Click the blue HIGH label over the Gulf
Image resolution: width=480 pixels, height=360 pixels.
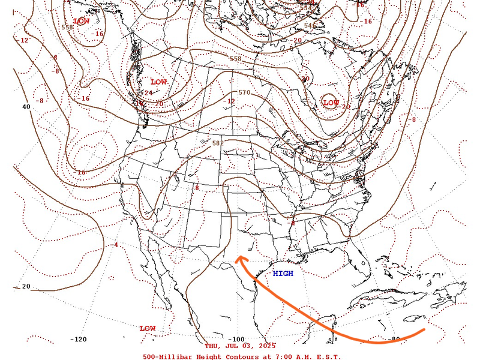click(283, 274)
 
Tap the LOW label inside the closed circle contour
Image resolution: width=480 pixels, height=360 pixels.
click(331, 103)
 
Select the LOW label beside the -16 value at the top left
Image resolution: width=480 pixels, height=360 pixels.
click(81, 21)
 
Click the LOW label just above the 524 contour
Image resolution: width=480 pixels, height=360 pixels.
click(158, 82)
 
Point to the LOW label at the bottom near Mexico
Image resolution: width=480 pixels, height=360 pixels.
click(148, 328)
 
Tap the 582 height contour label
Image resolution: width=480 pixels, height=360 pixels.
click(217, 143)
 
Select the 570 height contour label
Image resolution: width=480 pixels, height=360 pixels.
click(244, 92)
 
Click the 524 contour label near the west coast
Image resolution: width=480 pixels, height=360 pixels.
click(145, 93)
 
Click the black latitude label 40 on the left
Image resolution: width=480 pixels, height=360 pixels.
click(26, 107)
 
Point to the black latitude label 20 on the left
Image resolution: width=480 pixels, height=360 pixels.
click(26, 286)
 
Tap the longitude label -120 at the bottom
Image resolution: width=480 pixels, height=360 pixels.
click(79, 340)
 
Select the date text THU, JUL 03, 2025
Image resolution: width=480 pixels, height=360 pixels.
click(240, 346)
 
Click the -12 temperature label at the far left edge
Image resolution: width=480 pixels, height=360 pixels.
click(24, 40)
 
